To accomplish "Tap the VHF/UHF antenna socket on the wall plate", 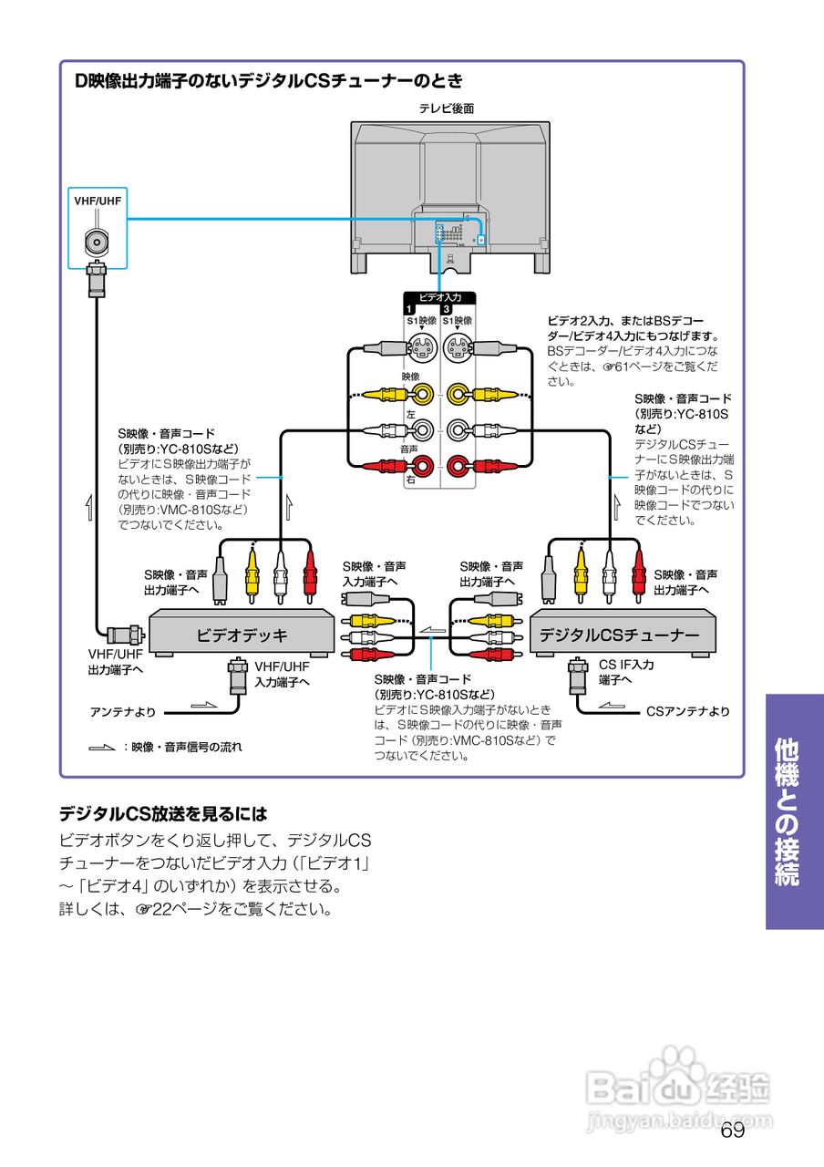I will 97,242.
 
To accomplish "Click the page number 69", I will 732,1131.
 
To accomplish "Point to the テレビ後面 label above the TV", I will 447,108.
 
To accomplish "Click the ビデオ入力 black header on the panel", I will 439,297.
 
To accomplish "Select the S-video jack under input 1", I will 420,347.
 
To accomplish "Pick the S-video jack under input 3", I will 458,347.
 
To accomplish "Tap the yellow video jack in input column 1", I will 421,394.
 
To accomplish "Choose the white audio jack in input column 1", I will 421,430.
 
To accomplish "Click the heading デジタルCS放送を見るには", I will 163,812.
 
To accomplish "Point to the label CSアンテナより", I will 688,711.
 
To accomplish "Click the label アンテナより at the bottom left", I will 123,711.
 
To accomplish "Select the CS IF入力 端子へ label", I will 625,672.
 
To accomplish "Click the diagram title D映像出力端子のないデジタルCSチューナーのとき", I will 269,81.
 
